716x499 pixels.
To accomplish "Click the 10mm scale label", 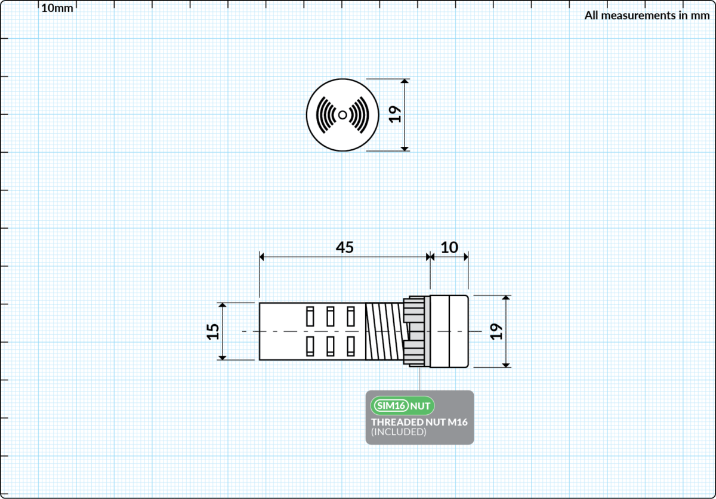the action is [x=57, y=8].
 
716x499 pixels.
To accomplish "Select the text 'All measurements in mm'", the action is [x=647, y=16].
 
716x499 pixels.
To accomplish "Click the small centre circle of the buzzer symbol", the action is [x=342, y=115].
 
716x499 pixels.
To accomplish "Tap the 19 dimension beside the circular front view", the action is [x=395, y=114].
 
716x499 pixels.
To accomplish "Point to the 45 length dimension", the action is [x=345, y=247].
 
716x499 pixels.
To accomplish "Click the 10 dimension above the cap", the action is [x=449, y=247].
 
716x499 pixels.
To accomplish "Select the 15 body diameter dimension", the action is [x=213, y=332].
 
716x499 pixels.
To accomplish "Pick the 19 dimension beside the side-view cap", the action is [x=496, y=331].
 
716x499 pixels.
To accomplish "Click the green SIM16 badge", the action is [x=391, y=406].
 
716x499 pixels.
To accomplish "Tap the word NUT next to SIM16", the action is [x=420, y=406].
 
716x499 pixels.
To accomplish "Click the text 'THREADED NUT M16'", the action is [x=419, y=422].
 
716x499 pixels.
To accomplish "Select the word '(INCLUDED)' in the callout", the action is [x=399, y=432].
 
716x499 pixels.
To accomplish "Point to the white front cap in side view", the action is [x=449, y=331].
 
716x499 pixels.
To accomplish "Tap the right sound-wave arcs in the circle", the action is [x=359, y=115].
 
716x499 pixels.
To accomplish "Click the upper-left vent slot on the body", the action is [x=310, y=316].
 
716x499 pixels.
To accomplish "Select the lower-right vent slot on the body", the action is [x=351, y=346].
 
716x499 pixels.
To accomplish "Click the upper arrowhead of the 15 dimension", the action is [x=223, y=305].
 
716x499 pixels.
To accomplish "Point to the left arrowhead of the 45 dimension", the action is [x=261, y=257].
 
